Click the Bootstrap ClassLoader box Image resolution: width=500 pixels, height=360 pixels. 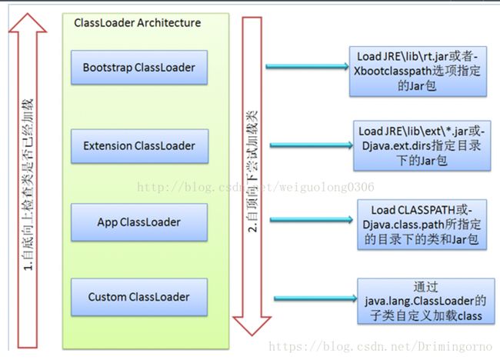pos(139,67)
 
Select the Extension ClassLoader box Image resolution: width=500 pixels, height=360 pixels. pos(140,146)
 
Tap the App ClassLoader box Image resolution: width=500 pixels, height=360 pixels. pos(139,222)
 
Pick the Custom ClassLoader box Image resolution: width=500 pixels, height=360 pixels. pos(139,297)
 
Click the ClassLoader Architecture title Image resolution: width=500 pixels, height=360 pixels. pos(138,22)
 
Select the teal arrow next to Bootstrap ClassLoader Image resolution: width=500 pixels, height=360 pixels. pos(308,66)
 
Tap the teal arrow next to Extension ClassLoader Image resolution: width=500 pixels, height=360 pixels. pos(312,145)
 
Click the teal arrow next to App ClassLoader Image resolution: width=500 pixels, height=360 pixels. pos(312,219)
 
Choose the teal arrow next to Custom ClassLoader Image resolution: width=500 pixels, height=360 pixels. pos(315,298)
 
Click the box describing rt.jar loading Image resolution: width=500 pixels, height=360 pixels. pos(418,72)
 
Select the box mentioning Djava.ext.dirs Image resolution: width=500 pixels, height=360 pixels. pos(422,145)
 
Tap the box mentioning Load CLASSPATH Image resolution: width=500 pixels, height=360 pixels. pos(422,225)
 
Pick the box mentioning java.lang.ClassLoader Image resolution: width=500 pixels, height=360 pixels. pos(426,302)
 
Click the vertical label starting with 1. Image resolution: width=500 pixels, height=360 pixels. pos(28,185)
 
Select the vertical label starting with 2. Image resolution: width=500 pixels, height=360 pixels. pos(252,172)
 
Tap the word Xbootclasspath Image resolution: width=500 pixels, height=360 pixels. pos(392,71)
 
